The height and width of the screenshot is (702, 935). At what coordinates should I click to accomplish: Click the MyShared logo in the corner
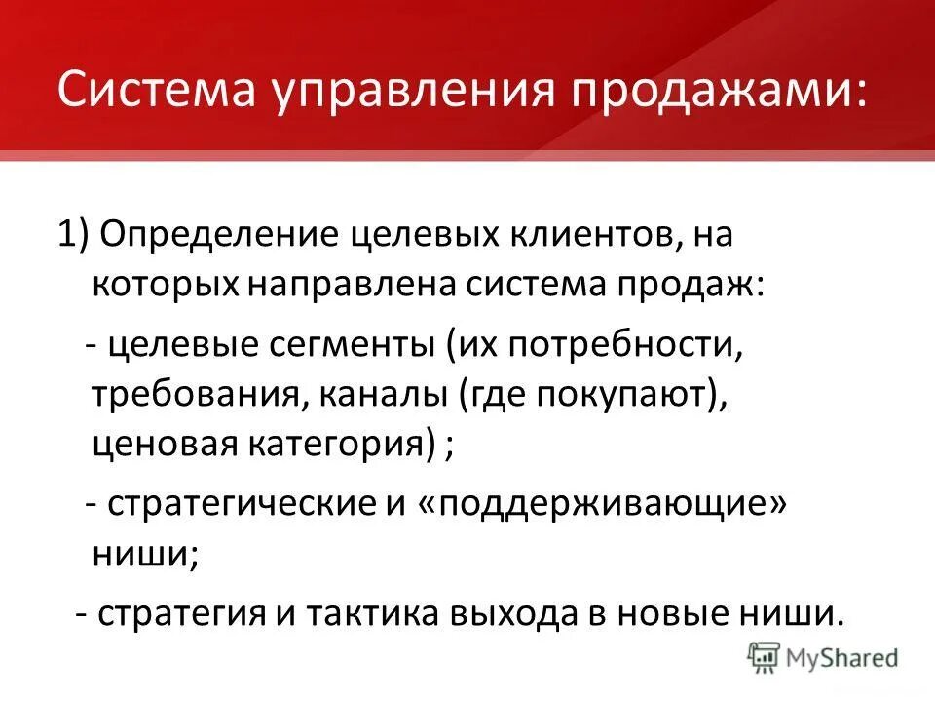pyautogui.click(x=822, y=657)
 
